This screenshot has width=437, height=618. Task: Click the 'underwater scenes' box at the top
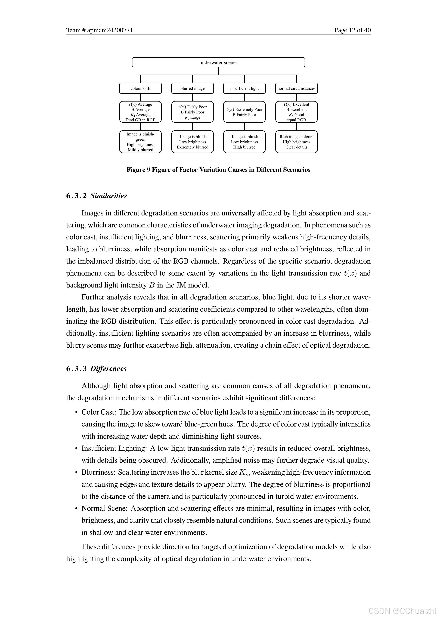(218, 62)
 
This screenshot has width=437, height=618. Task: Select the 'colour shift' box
(140, 88)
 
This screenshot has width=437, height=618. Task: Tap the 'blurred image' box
(192, 88)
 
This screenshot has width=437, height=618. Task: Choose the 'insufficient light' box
(244, 88)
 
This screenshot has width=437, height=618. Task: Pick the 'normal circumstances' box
(296, 88)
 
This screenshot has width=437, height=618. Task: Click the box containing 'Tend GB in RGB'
(140, 112)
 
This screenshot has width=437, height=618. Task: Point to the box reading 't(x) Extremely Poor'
(244, 112)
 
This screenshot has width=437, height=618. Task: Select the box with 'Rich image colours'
(296, 142)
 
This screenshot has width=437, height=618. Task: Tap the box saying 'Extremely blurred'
(192, 142)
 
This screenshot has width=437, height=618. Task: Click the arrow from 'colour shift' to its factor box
(140, 97)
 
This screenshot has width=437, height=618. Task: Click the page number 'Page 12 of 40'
(352, 30)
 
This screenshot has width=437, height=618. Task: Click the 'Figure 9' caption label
(138, 170)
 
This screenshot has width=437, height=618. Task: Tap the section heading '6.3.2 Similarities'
(96, 196)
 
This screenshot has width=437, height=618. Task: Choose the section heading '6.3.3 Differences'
(96, 369)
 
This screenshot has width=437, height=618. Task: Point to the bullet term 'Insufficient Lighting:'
(114, 448)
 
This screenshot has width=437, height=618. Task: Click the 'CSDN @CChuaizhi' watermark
(402, 610)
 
